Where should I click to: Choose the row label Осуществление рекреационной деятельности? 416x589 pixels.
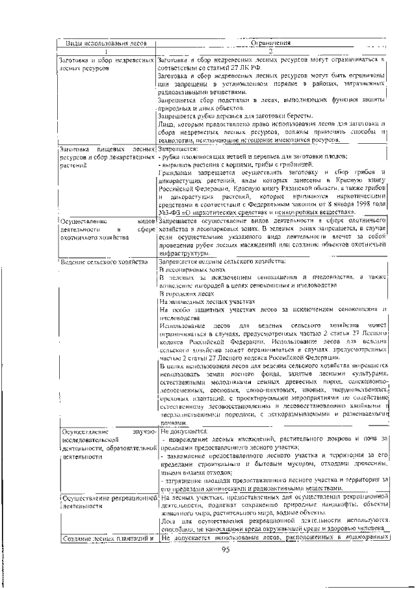(x=108, y=500)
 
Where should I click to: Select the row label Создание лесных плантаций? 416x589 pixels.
(x=108, y=538)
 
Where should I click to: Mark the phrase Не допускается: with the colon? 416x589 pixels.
(x=184, y=431)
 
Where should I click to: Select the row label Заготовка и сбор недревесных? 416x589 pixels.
(x=107, y=59)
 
